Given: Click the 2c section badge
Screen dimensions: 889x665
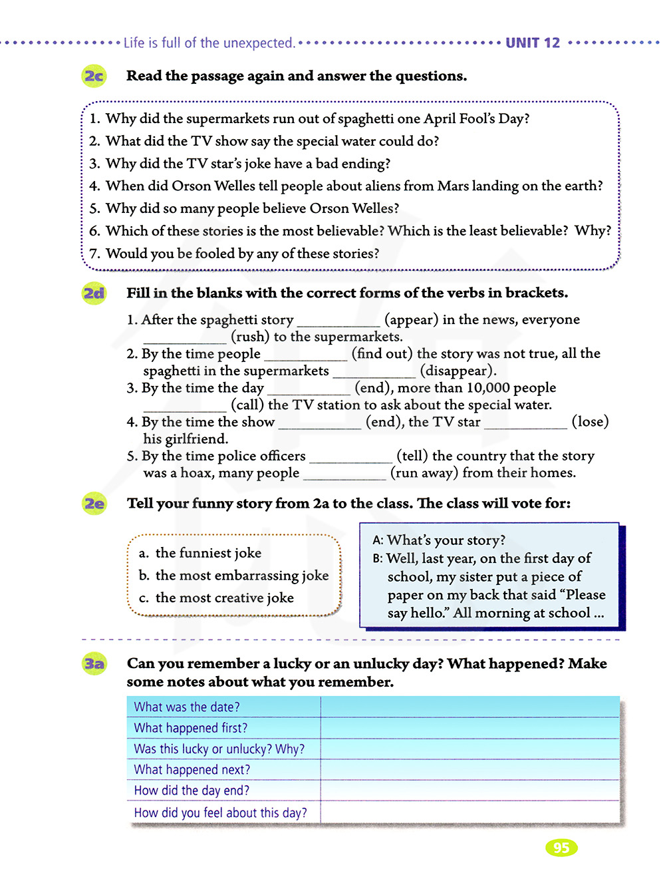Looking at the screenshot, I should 94,77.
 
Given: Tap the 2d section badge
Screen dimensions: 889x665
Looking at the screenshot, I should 94,293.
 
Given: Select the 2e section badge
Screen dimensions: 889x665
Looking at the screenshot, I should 94,504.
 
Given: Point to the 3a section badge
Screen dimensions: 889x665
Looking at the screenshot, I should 94,664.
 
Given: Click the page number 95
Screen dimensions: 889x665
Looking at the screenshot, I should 561,848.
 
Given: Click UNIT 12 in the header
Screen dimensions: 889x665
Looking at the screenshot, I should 533,43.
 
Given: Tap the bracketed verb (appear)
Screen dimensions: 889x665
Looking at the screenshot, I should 412,320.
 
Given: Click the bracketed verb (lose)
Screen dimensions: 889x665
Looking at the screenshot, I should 590,422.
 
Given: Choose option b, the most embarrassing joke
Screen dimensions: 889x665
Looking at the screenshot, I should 234,576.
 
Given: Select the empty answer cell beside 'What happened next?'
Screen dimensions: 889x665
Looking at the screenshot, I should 469,770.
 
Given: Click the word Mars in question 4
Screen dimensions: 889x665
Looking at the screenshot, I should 453,186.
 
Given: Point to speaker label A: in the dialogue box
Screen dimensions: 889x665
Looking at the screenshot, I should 378,541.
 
